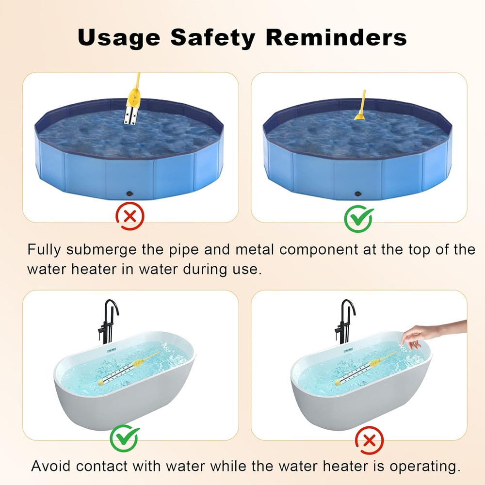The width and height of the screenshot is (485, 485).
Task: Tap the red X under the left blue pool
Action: (x=129, y=216)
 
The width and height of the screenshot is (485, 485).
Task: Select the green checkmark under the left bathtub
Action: (x=124, y=438)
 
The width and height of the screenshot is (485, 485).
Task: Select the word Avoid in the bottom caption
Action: (x=51, y=466)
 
